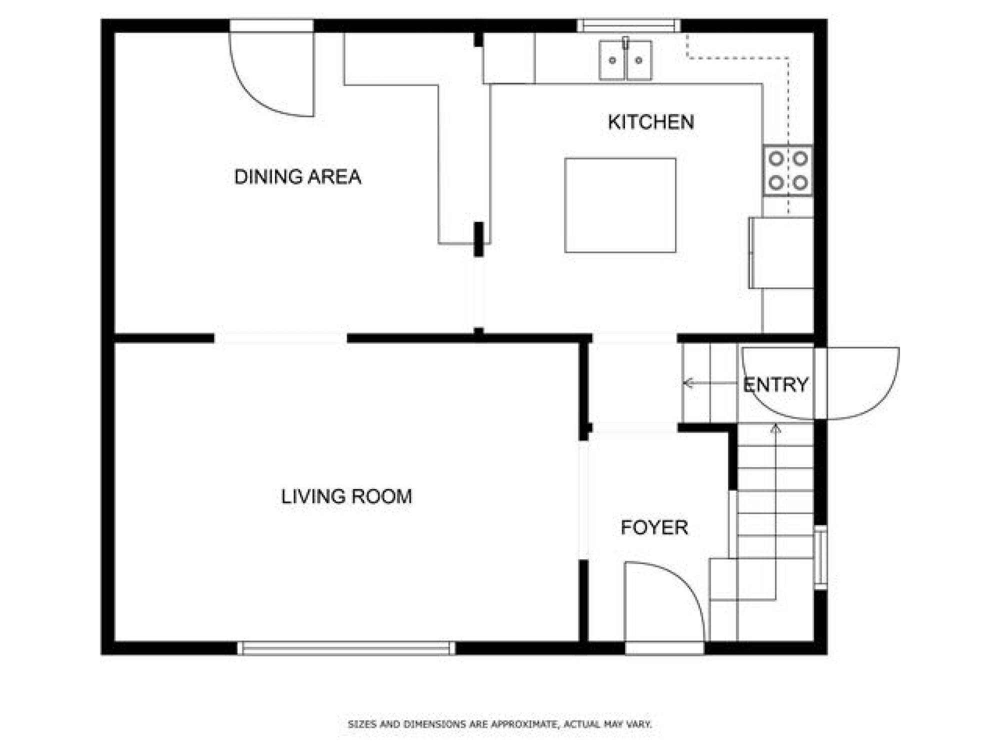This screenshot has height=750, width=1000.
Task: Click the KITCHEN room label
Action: pos(650,122)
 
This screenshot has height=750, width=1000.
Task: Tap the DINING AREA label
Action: pos(297,177)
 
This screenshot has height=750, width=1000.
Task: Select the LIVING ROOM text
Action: pos(346,496)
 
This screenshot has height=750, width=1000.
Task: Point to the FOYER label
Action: pos(654,527)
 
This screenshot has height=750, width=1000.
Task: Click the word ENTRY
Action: pos(775,384)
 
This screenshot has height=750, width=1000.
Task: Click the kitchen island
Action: pos(620,205)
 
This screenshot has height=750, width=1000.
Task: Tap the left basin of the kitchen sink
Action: pos(612,60)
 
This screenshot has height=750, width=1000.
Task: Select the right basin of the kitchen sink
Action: pos(639,60)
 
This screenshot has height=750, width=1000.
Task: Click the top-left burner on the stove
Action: pos(776,158)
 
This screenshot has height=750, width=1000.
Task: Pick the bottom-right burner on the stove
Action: pos(800,182)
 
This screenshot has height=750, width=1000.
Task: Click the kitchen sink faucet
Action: pos(625,42)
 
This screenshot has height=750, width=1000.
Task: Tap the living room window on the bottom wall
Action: pos(346,648)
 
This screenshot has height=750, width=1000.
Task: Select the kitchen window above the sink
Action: pos(629,25)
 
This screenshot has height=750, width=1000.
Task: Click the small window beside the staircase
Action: pos(820,557)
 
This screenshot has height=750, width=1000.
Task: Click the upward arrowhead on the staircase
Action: pos(775,428)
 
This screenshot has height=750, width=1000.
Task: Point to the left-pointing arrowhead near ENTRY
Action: pos(688,383)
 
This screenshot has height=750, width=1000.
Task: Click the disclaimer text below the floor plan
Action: pos(500,724)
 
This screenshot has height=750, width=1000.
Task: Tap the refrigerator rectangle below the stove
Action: pos(781,252)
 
